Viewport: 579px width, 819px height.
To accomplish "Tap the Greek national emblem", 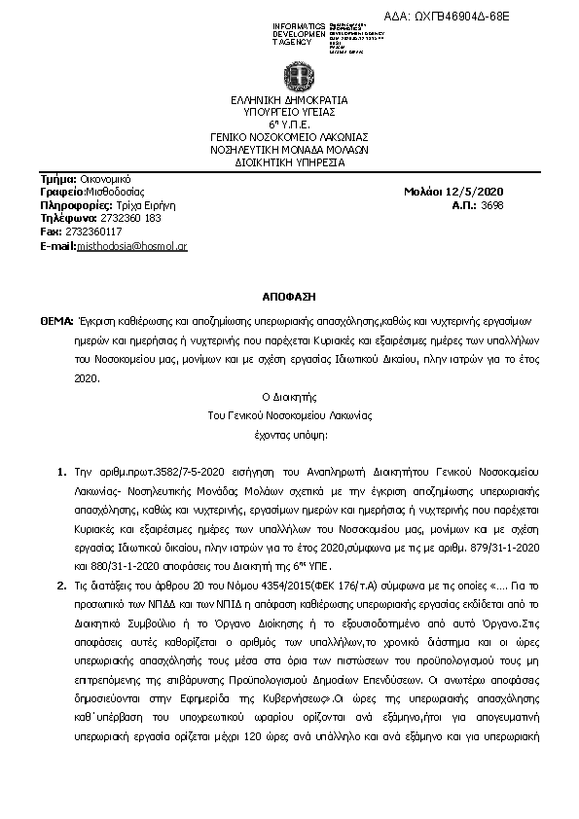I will tap(290, 75).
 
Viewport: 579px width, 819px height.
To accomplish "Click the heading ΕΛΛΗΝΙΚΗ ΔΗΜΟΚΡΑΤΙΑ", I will tap(289, 99).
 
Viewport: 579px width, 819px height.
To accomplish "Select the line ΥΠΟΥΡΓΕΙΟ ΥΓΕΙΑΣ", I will tap(289, 112).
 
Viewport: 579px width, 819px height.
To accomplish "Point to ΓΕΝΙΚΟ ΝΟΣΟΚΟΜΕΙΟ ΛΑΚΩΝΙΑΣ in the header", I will tap(289, 137).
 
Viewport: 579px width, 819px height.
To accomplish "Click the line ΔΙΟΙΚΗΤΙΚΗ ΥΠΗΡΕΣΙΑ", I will tap(289, 162).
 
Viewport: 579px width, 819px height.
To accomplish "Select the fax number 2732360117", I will tap(93, 232).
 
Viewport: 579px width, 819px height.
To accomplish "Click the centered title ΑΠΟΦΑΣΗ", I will tap(289, 293).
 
